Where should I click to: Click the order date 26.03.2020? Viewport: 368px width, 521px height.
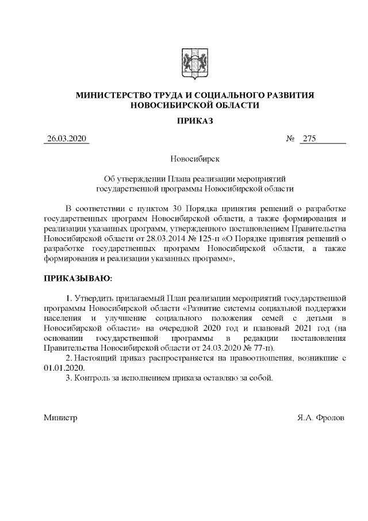(66, 139)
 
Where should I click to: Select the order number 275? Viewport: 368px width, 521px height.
(309, 139)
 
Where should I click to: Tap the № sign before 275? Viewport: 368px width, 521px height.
(290, 139)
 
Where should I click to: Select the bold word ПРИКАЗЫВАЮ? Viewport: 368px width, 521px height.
(78, 279)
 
